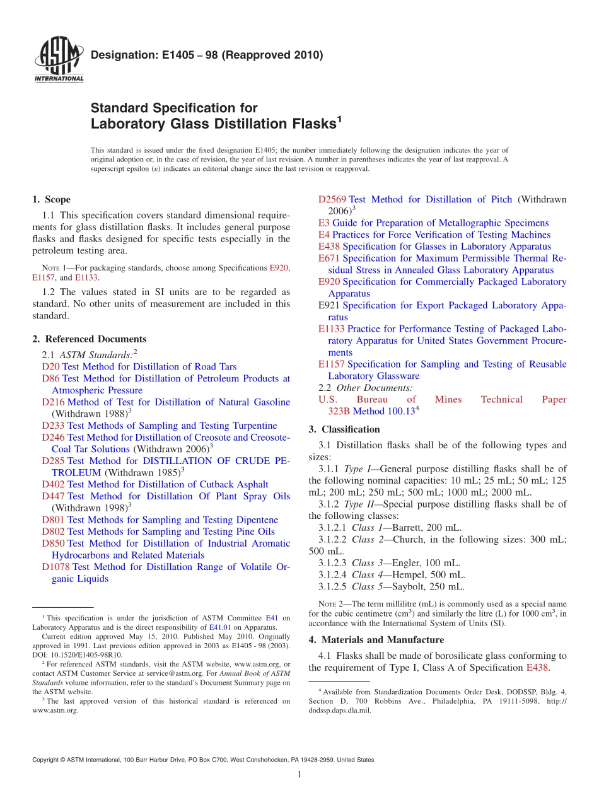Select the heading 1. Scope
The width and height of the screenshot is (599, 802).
(x=51, y=199)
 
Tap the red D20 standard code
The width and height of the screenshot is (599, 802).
(x=50, y=367)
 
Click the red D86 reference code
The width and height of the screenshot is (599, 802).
(x=50, y=378)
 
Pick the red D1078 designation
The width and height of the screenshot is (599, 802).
(x=55, y=567)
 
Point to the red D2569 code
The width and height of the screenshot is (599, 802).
(x=332, y=199)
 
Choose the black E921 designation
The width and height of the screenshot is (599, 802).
(x=329, y=305)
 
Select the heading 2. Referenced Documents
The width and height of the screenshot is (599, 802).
(x=89, y=339)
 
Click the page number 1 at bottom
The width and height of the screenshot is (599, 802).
(x=299, y=775)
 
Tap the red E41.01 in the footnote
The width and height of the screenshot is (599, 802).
(x=218, y=627)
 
